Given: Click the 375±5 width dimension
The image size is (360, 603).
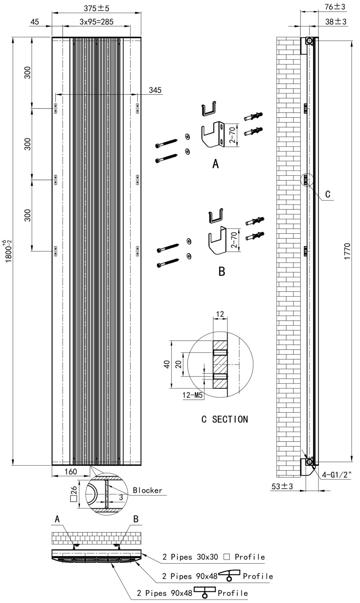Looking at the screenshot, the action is tap(97, 8).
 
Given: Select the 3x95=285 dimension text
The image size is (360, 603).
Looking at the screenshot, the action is tap(97, 22).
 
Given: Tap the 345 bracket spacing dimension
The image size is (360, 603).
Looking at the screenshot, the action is tap(155, 90).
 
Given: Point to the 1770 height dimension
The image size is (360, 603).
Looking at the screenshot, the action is tap(347, 251).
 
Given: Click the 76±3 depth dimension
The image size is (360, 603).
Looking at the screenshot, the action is tap(335, 7).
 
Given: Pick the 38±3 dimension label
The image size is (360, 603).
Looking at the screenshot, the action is tap(336, 22).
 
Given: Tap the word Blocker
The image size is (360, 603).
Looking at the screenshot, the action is tap(147, 490).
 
